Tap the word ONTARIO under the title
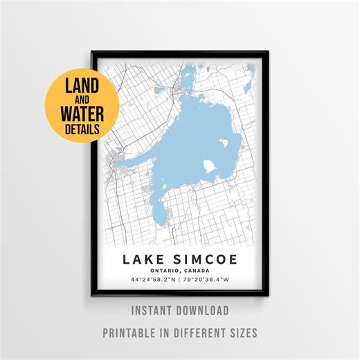click(163, 271)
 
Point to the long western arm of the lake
click(138, 156)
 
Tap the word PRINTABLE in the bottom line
click(132, 332)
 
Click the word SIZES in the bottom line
click(241, 332)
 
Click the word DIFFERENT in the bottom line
click(197, 332)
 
